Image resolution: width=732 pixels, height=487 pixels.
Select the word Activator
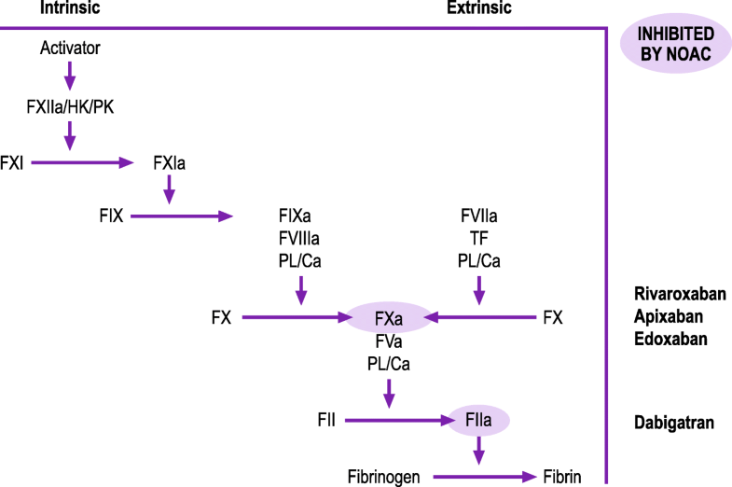(70, 47)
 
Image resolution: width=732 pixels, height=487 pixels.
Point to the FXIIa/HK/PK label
(71, 107)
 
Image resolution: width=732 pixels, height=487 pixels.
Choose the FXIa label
(168, 163)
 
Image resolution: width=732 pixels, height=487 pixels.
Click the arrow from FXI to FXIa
(83, 163)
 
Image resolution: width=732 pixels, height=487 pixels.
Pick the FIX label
(111, 216)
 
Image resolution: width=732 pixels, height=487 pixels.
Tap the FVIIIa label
(300, 239)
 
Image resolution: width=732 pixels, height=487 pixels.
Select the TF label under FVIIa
(478, 239)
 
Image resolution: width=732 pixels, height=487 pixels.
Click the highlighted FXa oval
(389, 317)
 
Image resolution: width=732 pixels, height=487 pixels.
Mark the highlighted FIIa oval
(479, 422)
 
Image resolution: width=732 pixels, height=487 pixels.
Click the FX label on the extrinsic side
(553, 317)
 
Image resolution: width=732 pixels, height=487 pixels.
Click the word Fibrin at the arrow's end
(563, 476)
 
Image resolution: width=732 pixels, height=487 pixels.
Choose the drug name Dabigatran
(674, 423)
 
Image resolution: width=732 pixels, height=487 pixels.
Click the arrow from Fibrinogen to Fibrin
(483, 476)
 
